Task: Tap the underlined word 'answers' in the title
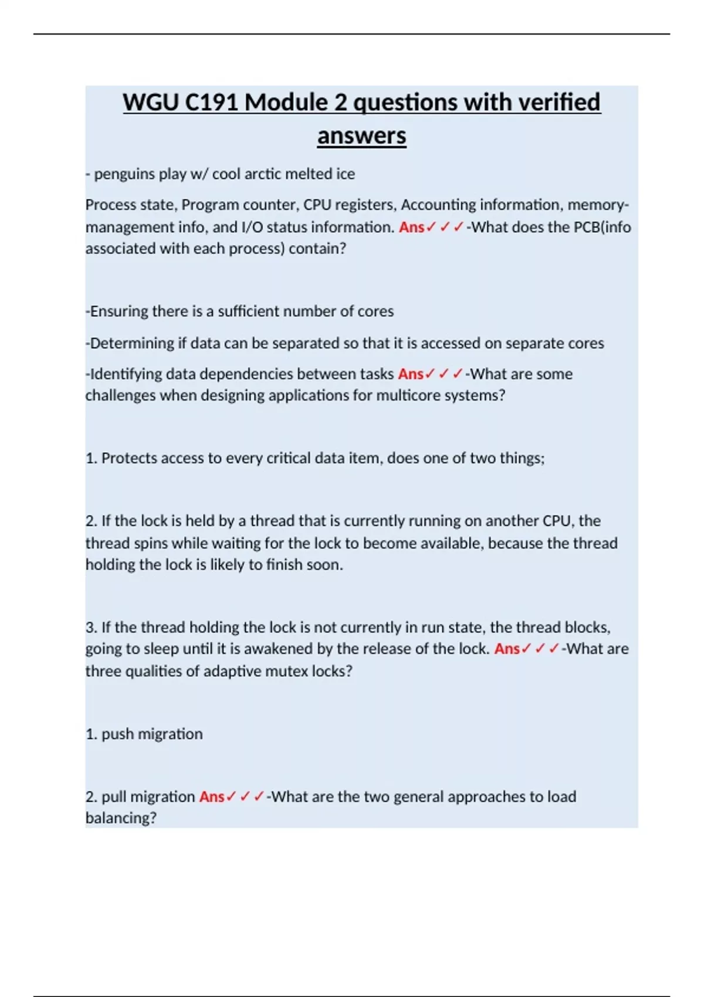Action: click(x=361, y=136)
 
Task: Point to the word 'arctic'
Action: click(x=271, y=174)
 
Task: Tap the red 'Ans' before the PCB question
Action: click(x=411, y=227)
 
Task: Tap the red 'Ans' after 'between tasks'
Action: click(x=411, y=374)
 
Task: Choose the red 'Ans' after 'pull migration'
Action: click(x=212, y=797)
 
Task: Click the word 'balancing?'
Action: click(x=121, y=818)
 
